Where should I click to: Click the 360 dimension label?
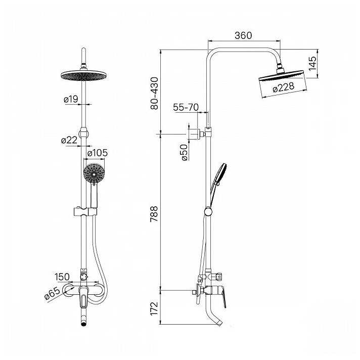point(243,35)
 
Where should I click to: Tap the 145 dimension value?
point(312,63)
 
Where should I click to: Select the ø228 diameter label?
point(283,87)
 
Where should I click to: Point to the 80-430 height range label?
point(154,93)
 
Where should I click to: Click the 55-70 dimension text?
point(186,107)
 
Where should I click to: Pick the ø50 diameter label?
point(184,153)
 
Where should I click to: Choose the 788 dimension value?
point(154,214)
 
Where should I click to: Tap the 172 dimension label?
point(154,308)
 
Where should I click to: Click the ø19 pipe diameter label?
point(71,99)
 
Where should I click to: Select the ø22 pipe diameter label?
point(69,140)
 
